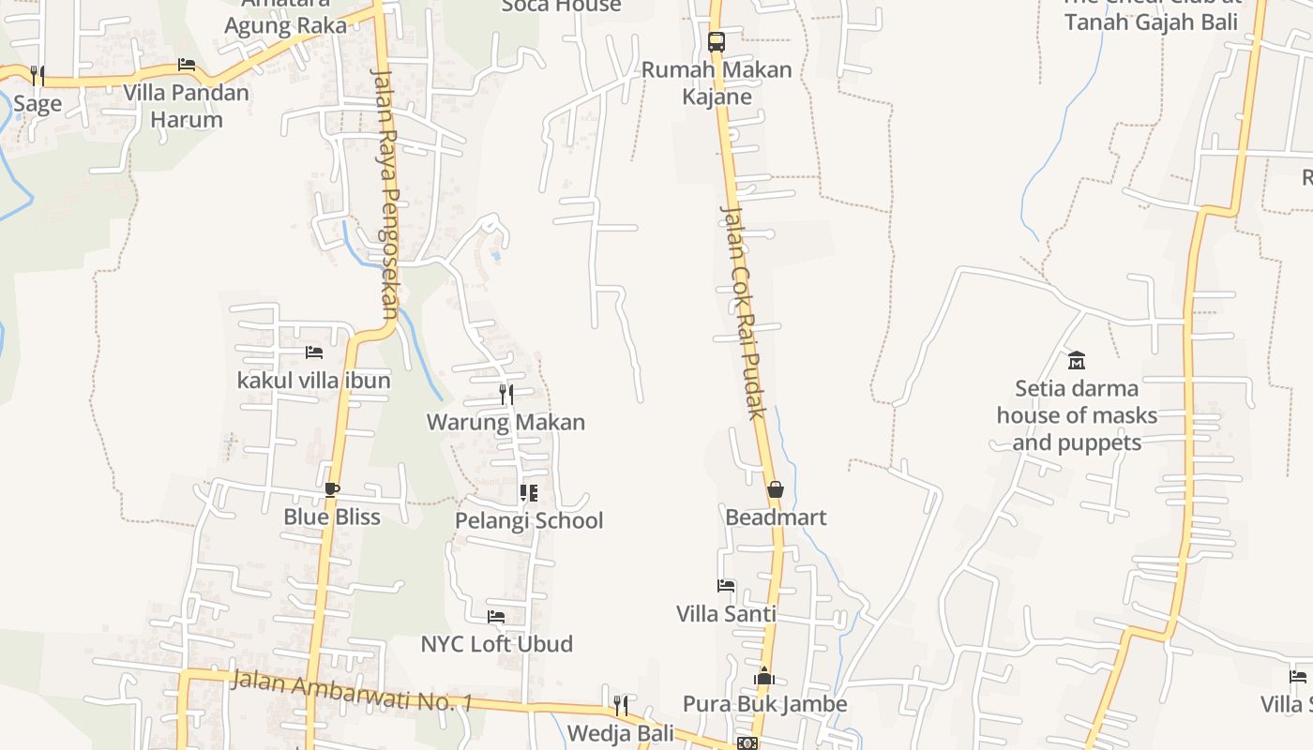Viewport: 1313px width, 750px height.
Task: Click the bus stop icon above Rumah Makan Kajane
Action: [x=717, y=42]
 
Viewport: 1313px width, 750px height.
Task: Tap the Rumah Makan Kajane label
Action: [x=717, y=83]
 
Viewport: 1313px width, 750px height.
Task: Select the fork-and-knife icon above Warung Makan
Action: [x=506, y=394]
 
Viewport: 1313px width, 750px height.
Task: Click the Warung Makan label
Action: [x=506, y=422]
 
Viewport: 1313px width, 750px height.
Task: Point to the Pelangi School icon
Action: [x=529, y=492]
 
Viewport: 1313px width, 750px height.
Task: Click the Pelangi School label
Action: [x=529, y=520]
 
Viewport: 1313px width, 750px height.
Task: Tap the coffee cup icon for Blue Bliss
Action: [x=331, y=489]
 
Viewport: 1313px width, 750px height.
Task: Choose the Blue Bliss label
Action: [x=332, y=517]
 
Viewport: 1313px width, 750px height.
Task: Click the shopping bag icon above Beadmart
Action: [x=776, y=489]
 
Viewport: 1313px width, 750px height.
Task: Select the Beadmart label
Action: [x=776, y=517]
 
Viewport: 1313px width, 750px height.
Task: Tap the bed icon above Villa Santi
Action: [x=726, y=587]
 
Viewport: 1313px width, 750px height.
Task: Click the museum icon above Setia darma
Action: [x=1077, y=360]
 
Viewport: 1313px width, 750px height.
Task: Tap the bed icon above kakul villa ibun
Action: [x=314, y=352]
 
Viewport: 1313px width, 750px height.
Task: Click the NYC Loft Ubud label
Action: [x=496, y=644]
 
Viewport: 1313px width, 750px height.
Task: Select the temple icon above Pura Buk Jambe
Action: [x=764, y=676]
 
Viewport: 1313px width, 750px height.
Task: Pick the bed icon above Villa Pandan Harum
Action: [x=187, y=65]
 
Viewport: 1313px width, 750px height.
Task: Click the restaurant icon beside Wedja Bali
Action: [x=621, y=704]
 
